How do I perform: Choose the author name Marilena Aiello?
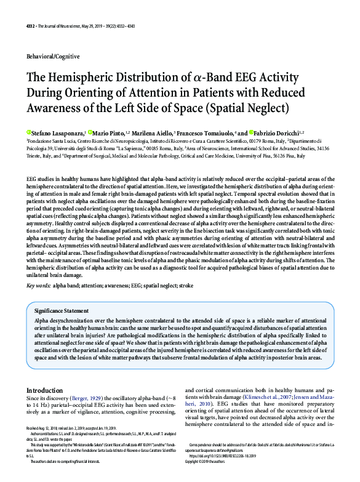[x=151, y=132]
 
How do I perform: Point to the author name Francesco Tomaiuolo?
[x=207, y=132]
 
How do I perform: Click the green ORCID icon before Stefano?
[x=28, y=132]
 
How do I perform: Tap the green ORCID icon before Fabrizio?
[x=252, y=132]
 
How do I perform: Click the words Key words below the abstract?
[x=39, y=286]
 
